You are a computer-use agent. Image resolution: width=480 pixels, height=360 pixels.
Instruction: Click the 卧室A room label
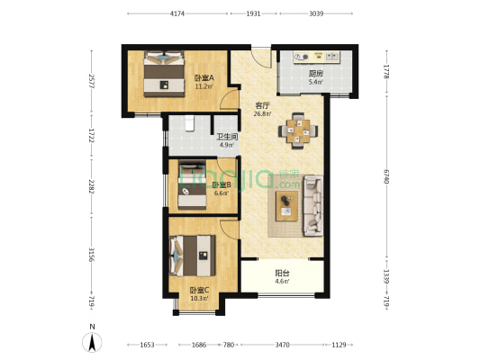pyautogui.click(x=204, y=78)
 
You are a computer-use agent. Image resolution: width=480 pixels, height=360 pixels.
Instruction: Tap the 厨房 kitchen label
pyautogui.click(x=315, y=74)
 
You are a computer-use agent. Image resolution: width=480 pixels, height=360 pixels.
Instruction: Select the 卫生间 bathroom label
pyautogui.click(x=227, y=137)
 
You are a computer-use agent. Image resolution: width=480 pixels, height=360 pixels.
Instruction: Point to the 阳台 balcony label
pyautogui.click(x=282, y=273)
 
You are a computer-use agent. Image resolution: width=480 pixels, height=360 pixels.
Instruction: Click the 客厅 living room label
pyautogui.click(x=262, y=106)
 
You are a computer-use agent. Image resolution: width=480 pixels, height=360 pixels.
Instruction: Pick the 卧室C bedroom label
pyautogui.click(x=199, y=290)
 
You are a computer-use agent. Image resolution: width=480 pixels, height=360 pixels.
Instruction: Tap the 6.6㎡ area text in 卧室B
pyautogui.click(x=221, y=193)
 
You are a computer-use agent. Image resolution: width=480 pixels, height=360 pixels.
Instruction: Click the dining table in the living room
pyautogui.click(x=298, y=130)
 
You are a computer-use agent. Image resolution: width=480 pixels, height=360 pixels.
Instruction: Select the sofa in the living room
pyautogui.click(x=312, y=205)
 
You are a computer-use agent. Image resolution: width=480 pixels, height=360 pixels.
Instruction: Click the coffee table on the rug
pyautogui.click(x=286, y=206)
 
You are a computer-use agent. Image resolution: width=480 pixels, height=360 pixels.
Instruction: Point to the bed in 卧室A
pyautogui.click(x=165, y=74)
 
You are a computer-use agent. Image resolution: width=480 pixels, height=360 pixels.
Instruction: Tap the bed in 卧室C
pyautogui.click(x=192, y=256)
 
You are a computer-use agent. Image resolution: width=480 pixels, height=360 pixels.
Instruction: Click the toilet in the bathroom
pyautogui.click(x=190, y=123)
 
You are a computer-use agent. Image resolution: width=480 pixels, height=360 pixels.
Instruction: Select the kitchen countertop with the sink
pyautogui.click(x=317, y=58)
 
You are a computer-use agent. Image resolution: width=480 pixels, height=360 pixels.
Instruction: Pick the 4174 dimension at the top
pyautogui.click(x=177, y=13)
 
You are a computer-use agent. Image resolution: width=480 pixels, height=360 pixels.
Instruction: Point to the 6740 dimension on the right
pyautogui.click(x=386, y=176)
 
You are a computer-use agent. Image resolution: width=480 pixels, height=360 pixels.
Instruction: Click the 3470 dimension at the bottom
pyautogui.click(x=282, y=345)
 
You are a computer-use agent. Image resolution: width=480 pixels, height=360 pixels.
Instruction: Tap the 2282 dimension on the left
pyautogui.click(x=91, y=186)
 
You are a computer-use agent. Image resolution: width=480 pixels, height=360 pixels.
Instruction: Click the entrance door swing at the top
pyautogui.click(x=261, y=58)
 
